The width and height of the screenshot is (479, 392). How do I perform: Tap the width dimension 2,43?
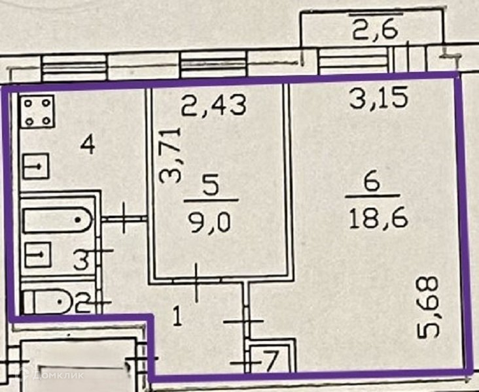(214, 104)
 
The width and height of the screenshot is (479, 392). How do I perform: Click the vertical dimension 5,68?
(429, 307)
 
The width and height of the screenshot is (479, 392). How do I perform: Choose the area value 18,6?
(380, 217)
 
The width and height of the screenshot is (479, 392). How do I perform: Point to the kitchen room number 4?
(86, 143)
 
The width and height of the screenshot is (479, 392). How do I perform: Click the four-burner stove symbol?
(37, 113)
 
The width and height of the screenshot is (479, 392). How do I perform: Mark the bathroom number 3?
(80, 262)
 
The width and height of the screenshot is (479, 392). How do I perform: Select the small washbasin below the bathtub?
(37, 254)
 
